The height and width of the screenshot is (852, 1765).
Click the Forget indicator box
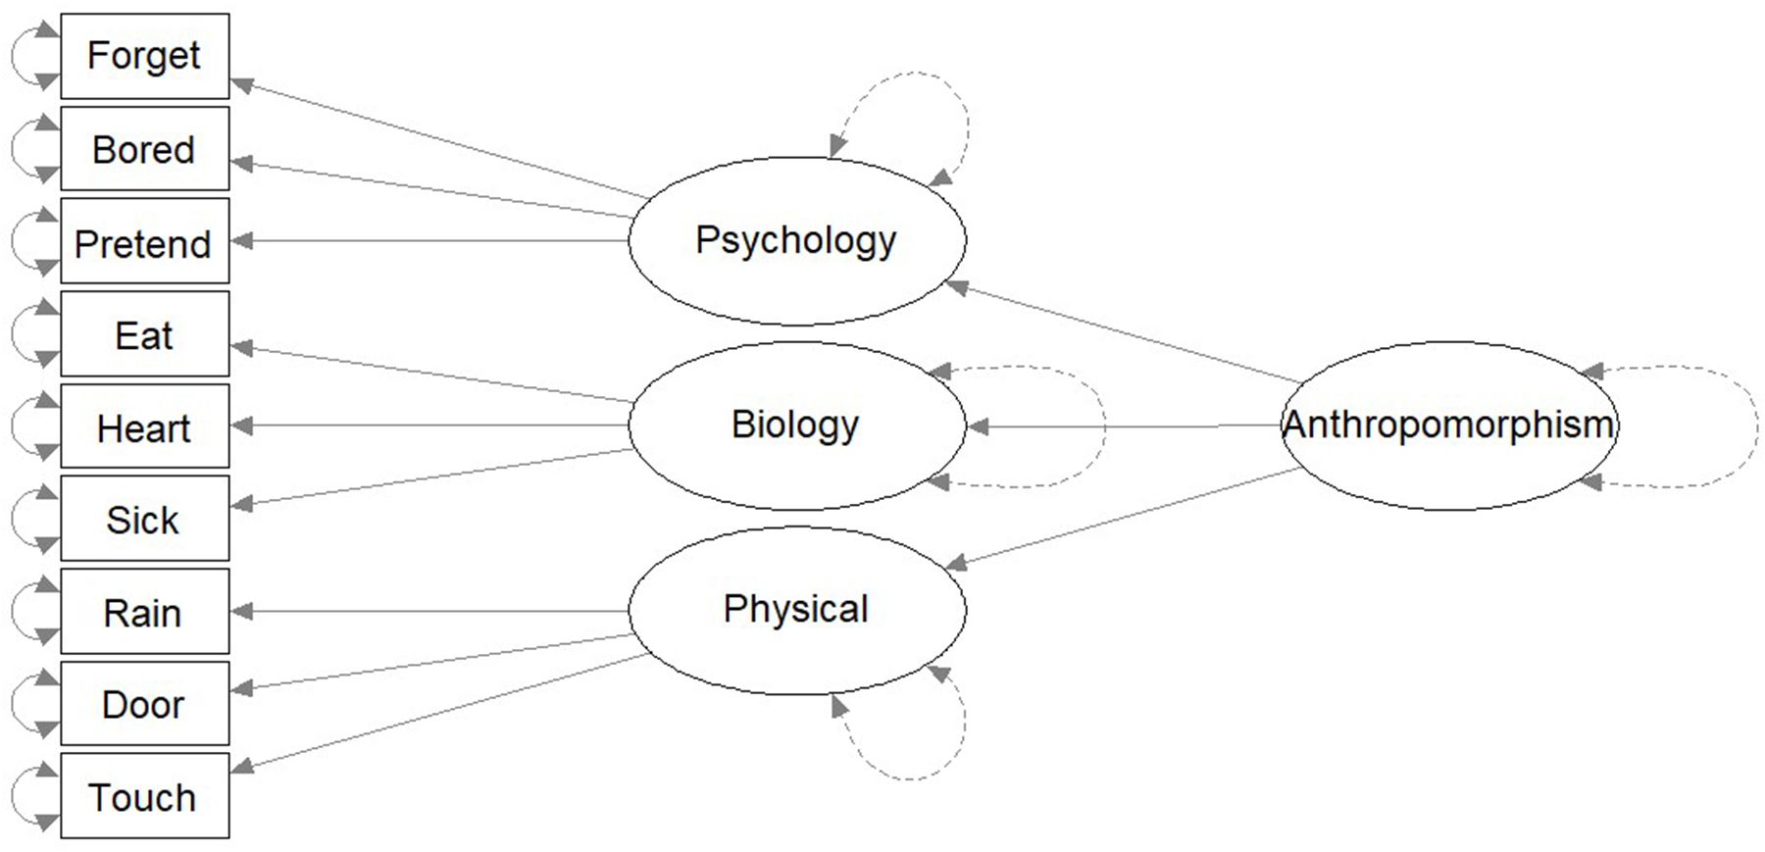tap(144, 56)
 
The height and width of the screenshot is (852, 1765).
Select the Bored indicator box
tap(144, 149)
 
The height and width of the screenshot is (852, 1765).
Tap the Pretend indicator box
tap(144, 242)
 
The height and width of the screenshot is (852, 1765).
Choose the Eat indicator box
tap(144, 334)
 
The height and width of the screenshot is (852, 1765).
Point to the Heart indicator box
tap(144, 426)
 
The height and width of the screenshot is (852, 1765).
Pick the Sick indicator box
tap(144, 519)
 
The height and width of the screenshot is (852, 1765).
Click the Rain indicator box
tap(144, 612)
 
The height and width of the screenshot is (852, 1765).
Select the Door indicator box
tap(144, 704)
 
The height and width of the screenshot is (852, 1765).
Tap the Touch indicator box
tap(144, 796)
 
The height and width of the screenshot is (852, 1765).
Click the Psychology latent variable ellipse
tap(796, 241)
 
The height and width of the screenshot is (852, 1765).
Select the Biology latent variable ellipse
tap(796, 426)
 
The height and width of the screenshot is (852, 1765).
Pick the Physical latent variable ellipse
tap(796, 610)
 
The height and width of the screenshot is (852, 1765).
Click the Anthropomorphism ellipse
tap(1449, 426)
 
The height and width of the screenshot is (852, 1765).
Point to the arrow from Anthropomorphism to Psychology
tap(1123, 333)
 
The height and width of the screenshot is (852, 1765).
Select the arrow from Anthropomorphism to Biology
tap(1123, 426)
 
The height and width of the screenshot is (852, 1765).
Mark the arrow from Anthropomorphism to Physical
tap(1123, 518)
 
